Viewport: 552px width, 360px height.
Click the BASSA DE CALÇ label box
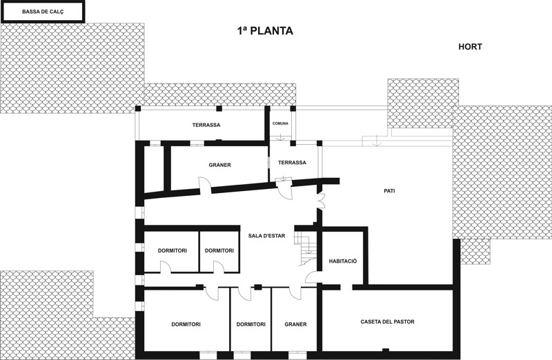pos(43,12)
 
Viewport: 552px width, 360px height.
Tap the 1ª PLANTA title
pos(265,31)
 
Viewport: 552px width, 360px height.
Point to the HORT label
pos(470,46)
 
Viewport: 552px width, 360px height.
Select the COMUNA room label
pos(280,123)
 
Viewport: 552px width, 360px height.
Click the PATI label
pos(389,191)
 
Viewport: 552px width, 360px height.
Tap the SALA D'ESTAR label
pos(266,236)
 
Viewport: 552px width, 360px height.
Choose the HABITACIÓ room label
pos(342,261)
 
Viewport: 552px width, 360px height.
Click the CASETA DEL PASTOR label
pos(387,321)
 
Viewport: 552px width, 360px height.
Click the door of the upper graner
pos(205,186)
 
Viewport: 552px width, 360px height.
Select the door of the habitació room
pos(312,277)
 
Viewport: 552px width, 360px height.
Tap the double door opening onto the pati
pos(321,201)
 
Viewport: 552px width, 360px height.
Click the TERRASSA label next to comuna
pos(292,163)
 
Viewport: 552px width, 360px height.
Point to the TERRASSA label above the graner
pos(206,125)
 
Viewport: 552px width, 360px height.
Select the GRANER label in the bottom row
pos(295,324)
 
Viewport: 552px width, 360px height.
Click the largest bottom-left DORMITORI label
pos(186,324)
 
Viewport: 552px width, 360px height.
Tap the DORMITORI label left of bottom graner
pos(250,324)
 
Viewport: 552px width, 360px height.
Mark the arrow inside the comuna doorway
pos(281,137)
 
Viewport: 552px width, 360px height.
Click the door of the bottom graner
pos(295,294)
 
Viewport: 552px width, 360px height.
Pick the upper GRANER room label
pos(219,165)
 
